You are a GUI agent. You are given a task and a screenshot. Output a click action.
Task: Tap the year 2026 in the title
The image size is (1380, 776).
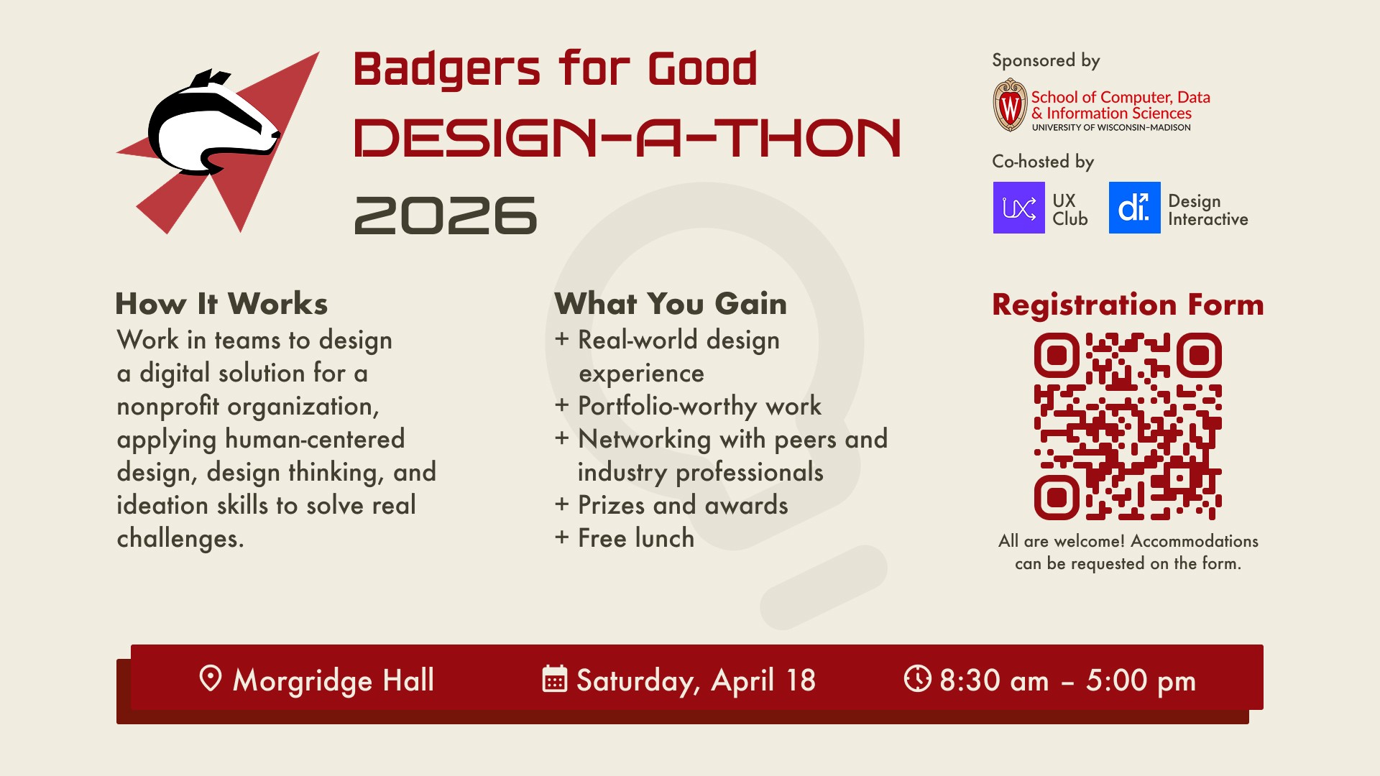click(x=446, y=216)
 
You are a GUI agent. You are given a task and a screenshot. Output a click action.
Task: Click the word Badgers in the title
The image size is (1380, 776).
click(x=446, y=70)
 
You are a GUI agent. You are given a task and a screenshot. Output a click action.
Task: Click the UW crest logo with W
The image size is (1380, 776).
click(x=1010, y=106)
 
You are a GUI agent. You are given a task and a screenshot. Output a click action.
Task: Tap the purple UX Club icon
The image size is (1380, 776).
click(x=1018, y=208)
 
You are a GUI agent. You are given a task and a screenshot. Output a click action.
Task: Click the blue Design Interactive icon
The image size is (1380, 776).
click(x=1134, y=208)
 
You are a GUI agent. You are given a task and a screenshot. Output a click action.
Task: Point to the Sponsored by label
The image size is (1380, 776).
click(x=1046, y=60)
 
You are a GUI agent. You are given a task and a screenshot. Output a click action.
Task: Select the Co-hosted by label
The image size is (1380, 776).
click(x=1043, y=162)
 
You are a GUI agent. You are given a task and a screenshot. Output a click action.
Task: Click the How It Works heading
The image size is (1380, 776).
click(x=221, y=304)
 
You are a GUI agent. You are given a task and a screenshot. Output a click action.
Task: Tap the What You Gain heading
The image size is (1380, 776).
click(x=671, y=304)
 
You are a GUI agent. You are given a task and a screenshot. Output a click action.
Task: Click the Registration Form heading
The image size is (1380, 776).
click(x=1128, y=305)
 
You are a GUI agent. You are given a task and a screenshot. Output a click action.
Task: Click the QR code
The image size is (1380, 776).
click(x=1128, y=426)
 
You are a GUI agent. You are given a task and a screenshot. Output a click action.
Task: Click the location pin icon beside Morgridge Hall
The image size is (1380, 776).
click(x=210, y=678)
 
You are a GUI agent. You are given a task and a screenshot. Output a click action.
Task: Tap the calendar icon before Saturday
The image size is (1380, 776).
click(x=554, y=678)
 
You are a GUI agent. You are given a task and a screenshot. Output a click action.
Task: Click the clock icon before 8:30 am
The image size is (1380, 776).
click(x=917, y=678)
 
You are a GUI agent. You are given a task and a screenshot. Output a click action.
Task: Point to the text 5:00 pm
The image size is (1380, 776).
click(x=1141, y=680)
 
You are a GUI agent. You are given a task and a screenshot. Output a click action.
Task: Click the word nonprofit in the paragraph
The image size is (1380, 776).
click(x=167, y=407)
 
